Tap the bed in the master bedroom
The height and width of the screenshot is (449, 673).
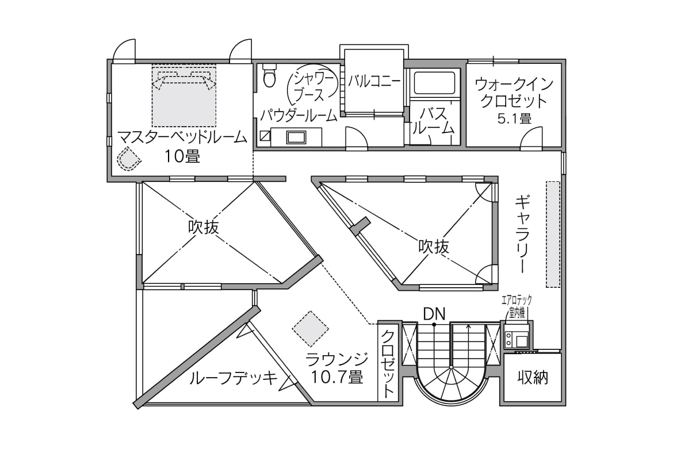pyautogui.click(x=184, y=96)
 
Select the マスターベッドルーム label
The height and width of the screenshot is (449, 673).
pyautogui.click(x=182, y=138)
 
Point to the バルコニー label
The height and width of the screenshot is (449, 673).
pyautogui.click(x=374, y=81)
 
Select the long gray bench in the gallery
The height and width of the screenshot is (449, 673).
pyautogui.click(x=553, y=234)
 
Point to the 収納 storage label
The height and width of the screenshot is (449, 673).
pyautogui.click(x=532, y=378)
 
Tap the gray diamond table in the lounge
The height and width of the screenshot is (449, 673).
pyautogui.click(x=310, y=329)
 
